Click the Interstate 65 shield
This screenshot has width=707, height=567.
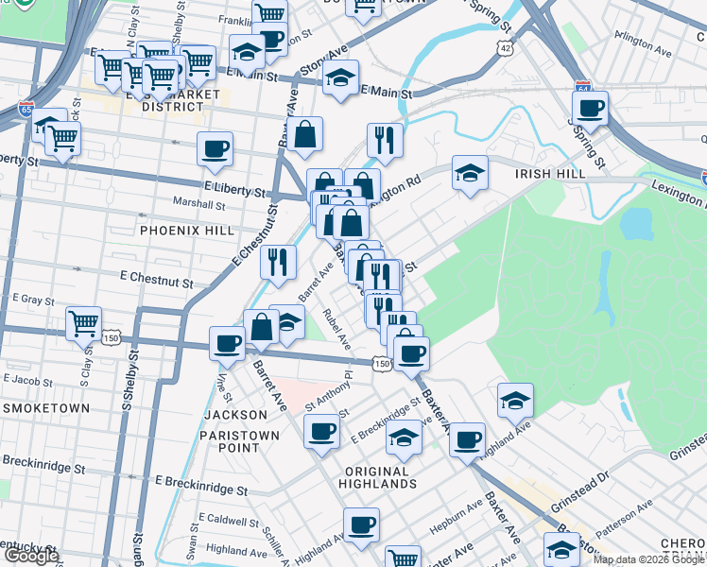pyautogui.click(x=26, y=110)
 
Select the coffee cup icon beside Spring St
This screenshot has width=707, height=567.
pyautogui.click(x=590, y=108)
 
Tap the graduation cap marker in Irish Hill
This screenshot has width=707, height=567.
pyautogui.click(x=470, y=173)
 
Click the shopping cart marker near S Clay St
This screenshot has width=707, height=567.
pyautogui.click(x=84, y=323)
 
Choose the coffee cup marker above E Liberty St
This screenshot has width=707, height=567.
pyautogui.click(x=215, y=148)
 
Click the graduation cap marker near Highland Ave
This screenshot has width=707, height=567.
pyautogui.click(x=515, y=401)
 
